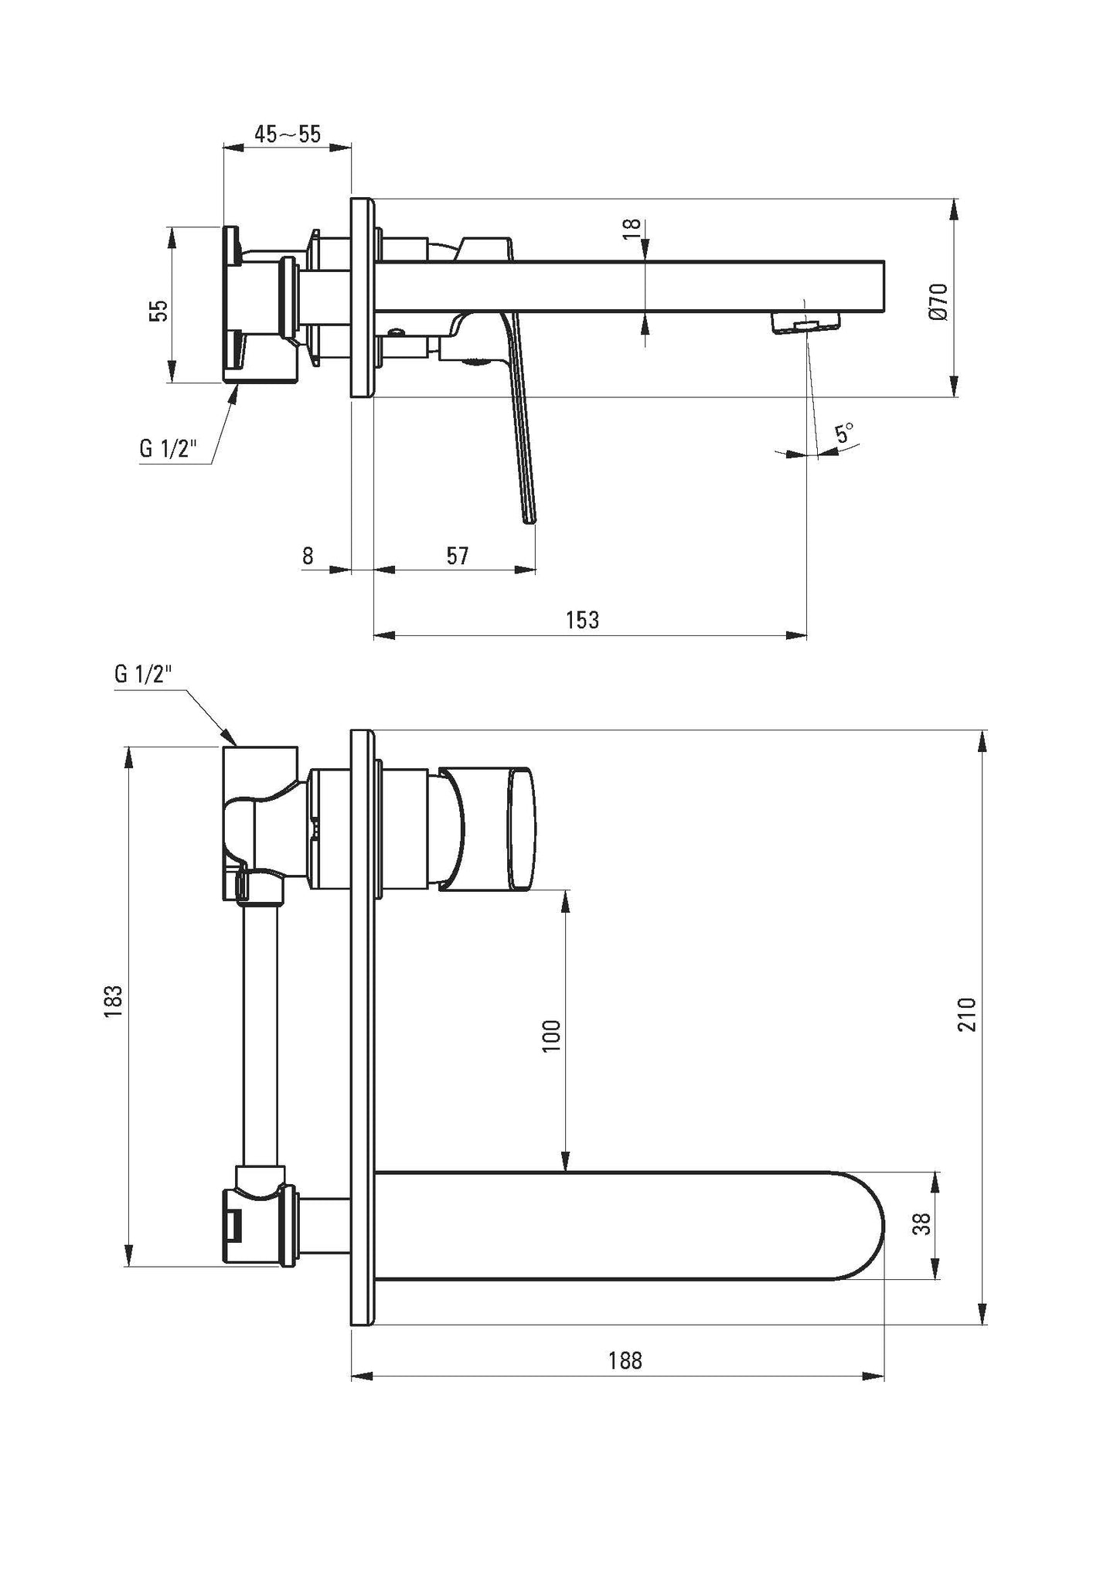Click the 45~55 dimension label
pyautogui.click(x=288, y=134)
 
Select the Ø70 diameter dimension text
pyautogui.click(x=938, y=301)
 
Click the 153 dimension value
pyautogui.click(x=582, y=620)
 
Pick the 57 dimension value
pyautogui.click(x=458, y=555)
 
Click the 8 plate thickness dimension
pyautogui.click(x=308, y=555)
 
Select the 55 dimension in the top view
pyautogui.click(x=158, y=311)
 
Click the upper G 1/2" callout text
pyautogui.click(x=169, y=448)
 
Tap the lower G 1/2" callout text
pyautogui.click(x=143, y=674)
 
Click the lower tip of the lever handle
pyautogui.click(x=530, y=519)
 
